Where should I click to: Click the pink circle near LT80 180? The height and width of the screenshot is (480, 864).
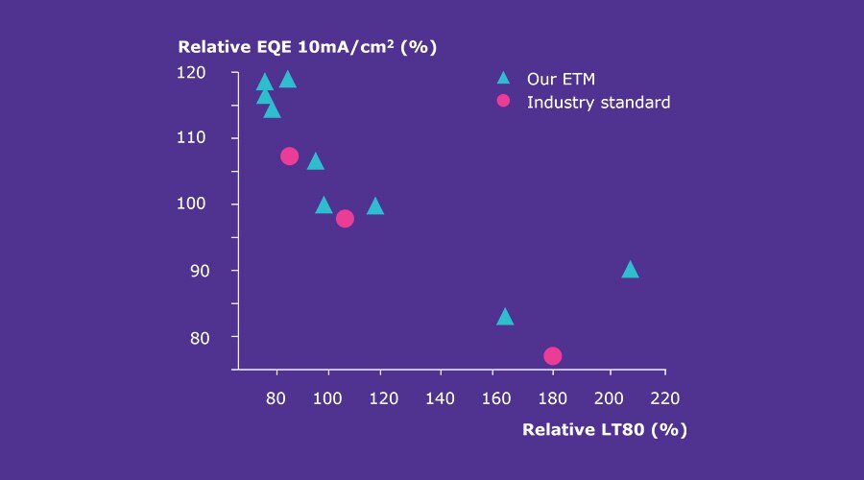point(552,356)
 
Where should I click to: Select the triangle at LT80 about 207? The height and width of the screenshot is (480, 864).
point(630,270)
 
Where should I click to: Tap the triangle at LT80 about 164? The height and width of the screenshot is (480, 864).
point(505,318)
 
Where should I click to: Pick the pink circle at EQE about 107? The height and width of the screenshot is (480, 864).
point(289,156)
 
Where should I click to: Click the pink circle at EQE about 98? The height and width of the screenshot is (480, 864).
point(345,219)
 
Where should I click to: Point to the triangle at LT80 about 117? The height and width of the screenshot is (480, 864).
point(375,206)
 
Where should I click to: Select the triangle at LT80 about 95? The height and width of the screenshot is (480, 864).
point(315,161)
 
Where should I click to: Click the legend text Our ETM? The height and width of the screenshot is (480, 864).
point(554,79)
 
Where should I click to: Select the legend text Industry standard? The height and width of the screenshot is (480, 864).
point(598,102)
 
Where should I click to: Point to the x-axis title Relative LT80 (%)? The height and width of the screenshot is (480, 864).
point(605,429)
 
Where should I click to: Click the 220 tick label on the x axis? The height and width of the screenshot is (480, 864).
point(664,397)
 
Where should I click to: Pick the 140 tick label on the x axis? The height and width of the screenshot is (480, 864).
point(441,397)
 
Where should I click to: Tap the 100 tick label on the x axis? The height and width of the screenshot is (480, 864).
point(328,397)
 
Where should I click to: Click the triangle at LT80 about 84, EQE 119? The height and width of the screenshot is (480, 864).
point(287,80)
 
